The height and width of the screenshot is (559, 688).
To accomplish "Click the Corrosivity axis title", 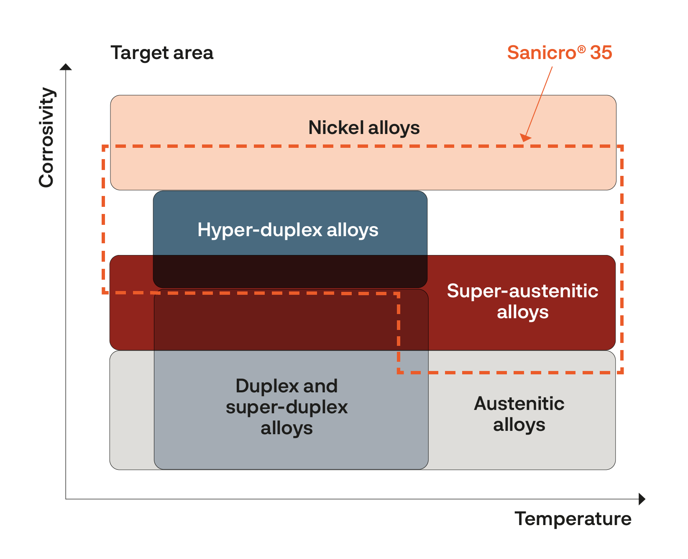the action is tap(46, 137).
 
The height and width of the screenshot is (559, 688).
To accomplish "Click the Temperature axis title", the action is tap(573, 519).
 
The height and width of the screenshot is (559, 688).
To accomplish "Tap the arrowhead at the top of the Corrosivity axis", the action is tap(66, 67).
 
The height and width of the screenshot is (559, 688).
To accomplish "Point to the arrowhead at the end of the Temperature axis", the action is tap(642, 499).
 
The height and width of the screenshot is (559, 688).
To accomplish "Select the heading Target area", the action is tap(162, 53).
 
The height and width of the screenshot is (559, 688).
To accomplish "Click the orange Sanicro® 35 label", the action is tap(560, 53).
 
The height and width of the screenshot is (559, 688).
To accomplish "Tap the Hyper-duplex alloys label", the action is tap(288, 230).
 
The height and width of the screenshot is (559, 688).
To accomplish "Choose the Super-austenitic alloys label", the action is tap(523, 301).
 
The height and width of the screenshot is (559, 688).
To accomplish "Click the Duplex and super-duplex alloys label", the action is tap(287, 407).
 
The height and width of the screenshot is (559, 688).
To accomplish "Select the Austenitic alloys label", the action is tap(519, 414).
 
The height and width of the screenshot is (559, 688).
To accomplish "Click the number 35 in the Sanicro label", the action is tap(601, 53).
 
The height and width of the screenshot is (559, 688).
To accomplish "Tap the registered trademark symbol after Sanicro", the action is tap(581, 49).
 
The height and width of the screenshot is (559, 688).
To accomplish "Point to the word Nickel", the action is tap(336, 128).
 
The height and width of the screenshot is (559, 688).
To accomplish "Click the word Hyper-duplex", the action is tap(260, 230).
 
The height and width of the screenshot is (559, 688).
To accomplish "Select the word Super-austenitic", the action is tap(523, 291).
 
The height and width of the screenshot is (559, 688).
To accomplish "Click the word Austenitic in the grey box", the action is tap(519, 404).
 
